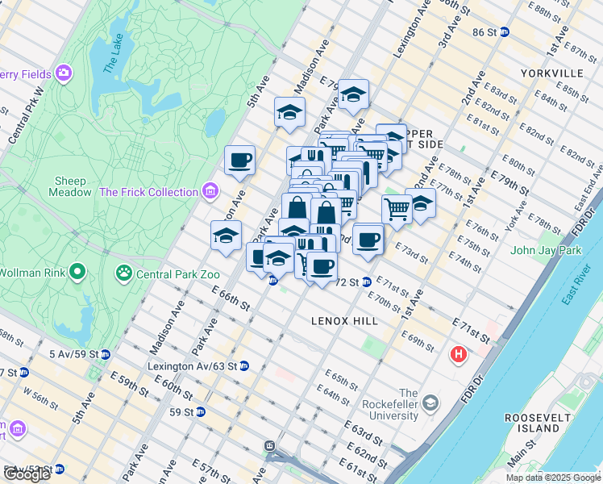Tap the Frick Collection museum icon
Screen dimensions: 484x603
click(x=211, y=192)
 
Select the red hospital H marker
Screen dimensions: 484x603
click(x=459, y=354)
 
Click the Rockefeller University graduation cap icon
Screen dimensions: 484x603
click(x=430, y=402)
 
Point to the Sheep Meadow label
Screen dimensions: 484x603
click(x=77, y=186)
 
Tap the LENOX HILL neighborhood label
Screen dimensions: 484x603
click(x=344, y=321)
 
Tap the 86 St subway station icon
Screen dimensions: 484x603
click(x=505, y=32)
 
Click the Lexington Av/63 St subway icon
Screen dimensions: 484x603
click(x=244, y=365)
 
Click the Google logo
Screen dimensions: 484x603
click(x=26, y=474)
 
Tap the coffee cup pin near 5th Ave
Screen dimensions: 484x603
click(x=239, y=161)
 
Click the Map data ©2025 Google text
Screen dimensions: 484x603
click(x=552, y=478)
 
